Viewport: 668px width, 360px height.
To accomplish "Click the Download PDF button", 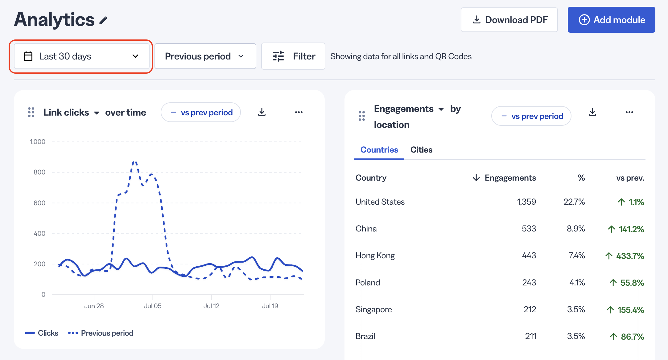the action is click(x=509, y=20).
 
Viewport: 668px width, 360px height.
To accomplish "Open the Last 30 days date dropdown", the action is click(x=82, y=56).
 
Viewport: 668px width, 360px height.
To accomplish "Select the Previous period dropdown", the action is click(x=205, y=56).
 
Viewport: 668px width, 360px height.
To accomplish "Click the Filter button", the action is click(x=293, y=56).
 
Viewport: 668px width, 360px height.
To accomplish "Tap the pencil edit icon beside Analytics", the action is click(x=103, y=20).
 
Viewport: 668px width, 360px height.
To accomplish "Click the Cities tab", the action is click(x=421, y=150).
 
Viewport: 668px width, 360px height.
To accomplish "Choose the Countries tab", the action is click(x=379, y=150).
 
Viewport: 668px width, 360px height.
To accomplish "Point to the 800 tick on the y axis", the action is click(x=39, y=172).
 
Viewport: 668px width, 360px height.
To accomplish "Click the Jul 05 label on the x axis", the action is click(x=153, y=306).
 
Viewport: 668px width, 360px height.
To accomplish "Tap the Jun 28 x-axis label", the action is click(x=94, y=306).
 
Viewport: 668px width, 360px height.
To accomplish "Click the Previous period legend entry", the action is click(x=101, y=333).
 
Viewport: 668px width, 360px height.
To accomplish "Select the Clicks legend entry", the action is click(x=42, y=333).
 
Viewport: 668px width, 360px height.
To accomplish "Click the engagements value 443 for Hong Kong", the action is click(x=529, y=256).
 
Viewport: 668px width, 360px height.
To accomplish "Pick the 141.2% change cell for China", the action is click(x=626, y=229).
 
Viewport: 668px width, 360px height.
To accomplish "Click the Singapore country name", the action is click(x=374, y=309).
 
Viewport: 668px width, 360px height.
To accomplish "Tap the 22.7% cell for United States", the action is click(x=574, y=202).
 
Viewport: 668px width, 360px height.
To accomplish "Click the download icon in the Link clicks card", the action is click(x=262, y=112).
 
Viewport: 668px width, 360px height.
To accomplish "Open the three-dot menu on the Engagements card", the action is click(x=629, y=112).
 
